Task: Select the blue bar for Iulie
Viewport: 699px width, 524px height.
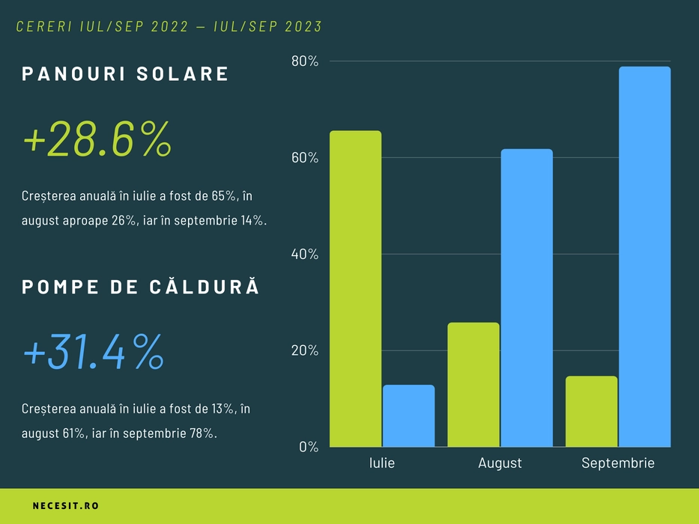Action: [x=408, y=416]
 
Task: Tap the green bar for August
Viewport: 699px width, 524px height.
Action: [x=473, y=385]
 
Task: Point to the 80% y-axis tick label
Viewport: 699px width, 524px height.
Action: [x=305, y=61]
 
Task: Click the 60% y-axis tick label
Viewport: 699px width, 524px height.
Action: [x=305, y=158]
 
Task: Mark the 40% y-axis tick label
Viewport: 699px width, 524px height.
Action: [x=305, y=255]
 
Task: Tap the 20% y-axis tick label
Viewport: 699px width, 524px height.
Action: [x=305, y=351]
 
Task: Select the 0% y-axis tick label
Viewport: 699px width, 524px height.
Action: [x=309, y=447]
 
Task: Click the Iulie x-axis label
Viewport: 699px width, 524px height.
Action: [x=382, y=463]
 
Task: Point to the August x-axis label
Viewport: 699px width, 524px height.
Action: [x=500, y=463]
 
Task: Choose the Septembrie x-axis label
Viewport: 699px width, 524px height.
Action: [x=618, y=463]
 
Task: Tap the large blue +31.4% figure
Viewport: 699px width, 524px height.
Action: [x=94, y=353]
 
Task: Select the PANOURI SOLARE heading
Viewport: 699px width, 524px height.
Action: [x=125, y=74]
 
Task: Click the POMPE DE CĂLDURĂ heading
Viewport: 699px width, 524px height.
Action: [x=141, y=287]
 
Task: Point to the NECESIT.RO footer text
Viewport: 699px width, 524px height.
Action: [x=66, y=506]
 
